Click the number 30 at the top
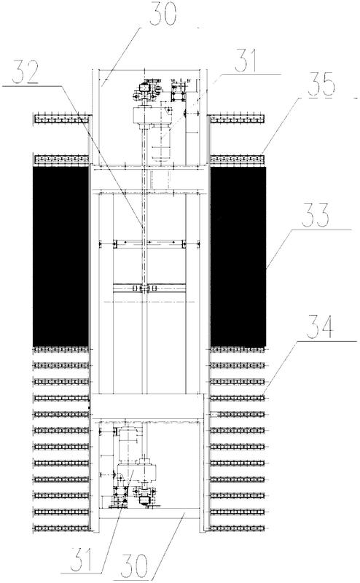coord(162,13)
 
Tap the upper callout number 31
coord(246,60)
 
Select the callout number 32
coord(26,71)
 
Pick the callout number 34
coord(320,326)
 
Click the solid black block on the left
coord(61,257)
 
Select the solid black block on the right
coord(238,257)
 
